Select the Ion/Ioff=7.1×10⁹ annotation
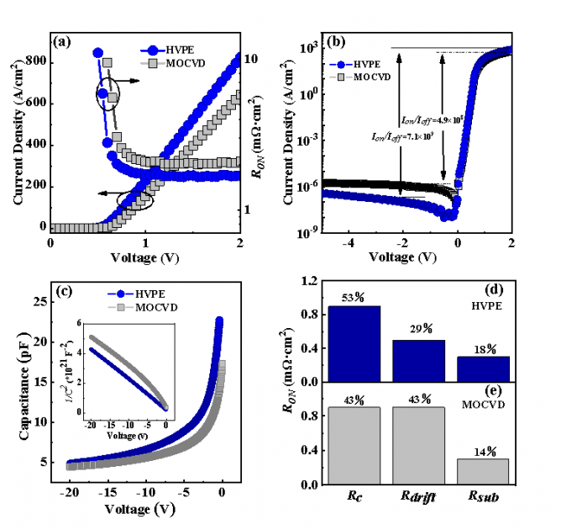click(x=403, y=135)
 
